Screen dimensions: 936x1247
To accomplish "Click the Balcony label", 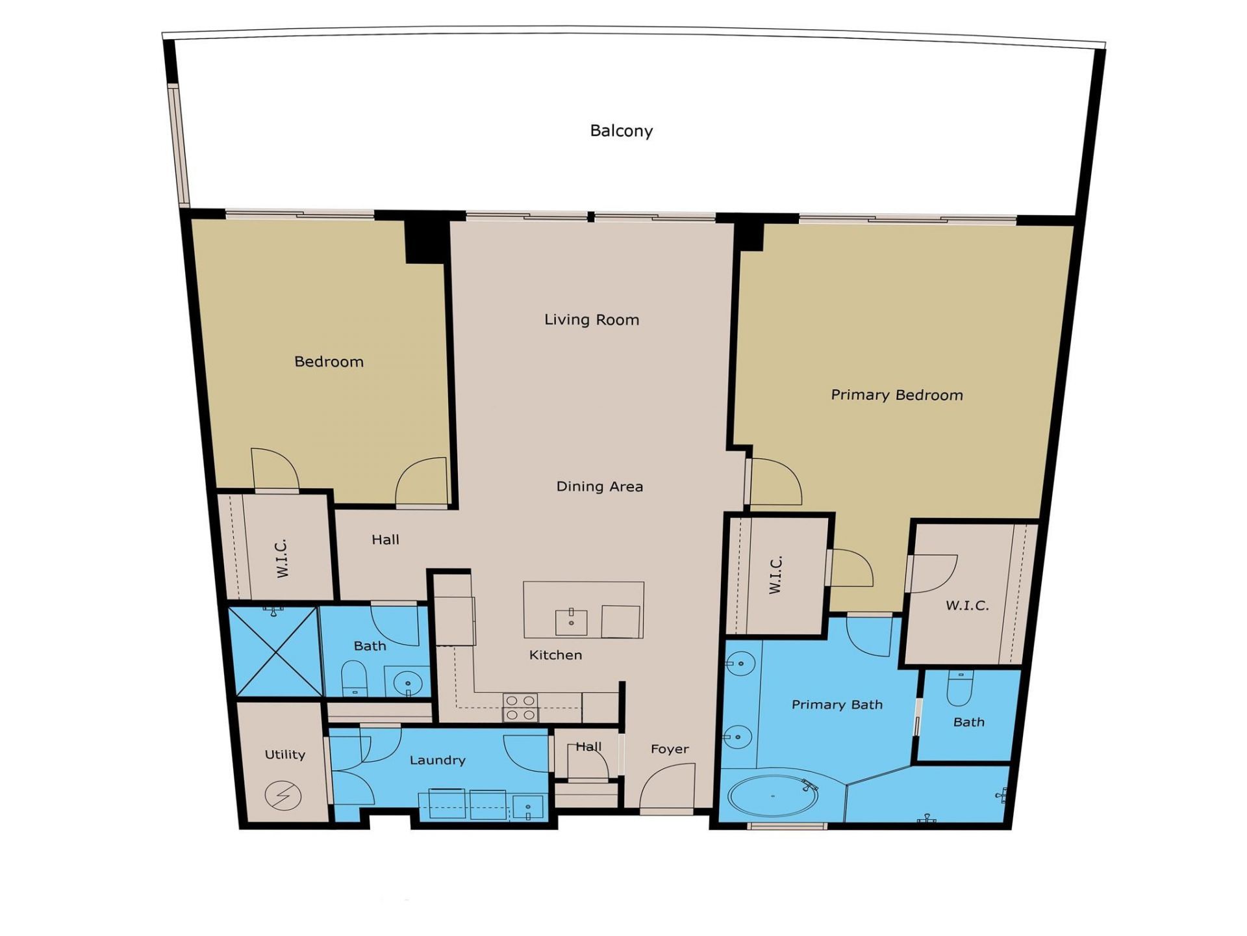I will coord(621,131).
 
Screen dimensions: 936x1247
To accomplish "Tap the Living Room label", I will coord(592,320).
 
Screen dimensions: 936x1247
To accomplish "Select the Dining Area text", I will coord(599,486).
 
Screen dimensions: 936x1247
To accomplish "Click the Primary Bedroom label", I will coord(896,395).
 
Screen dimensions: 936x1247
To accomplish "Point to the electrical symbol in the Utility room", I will coord(283,796).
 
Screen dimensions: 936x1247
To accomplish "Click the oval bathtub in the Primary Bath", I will coord(773,796).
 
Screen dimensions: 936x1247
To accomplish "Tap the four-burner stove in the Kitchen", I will coord(520,707).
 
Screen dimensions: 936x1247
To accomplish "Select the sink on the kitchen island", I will coord(572,622).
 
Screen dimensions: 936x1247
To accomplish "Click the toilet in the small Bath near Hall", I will coord(354,679).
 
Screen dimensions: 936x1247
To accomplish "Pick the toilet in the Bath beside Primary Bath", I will coord(960,688).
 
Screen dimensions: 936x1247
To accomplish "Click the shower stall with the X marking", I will coord(275,652).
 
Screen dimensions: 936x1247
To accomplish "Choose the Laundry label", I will coord(437,760).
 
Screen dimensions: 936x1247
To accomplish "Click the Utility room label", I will coord(284,755).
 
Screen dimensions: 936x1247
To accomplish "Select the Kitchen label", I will coord(555,655).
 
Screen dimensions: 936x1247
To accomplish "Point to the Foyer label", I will coord(670,749).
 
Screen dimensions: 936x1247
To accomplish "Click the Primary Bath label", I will coord(837,705).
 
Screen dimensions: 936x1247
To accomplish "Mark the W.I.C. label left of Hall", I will coord(282,558).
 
